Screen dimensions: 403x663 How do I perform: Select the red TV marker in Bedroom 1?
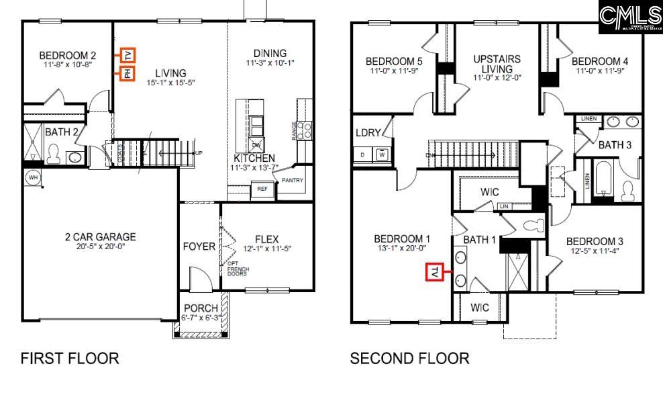click(x=434, y=272)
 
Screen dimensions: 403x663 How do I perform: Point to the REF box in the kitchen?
click(x=262, y=189)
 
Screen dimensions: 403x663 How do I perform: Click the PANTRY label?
click(x=293, y=180)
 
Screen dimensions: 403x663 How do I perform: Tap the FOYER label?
click(x=199, y=247)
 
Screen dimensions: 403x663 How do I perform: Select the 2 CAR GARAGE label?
click(x=100, y=237)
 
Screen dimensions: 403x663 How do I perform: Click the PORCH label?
click(x=200, y=308)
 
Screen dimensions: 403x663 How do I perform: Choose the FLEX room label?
click(x=266, y=240)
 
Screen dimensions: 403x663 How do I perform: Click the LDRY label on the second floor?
click(x=368, y=133)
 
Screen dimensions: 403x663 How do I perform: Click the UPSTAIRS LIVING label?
click(x=497, y=64)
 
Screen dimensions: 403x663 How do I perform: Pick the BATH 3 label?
click(x=615, y=145)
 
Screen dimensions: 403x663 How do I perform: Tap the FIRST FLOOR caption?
click(x=70, y=359)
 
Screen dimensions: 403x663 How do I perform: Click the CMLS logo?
click(x=630, y=17)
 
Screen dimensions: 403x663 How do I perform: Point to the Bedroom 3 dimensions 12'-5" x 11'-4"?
click(x=595, y=252)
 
